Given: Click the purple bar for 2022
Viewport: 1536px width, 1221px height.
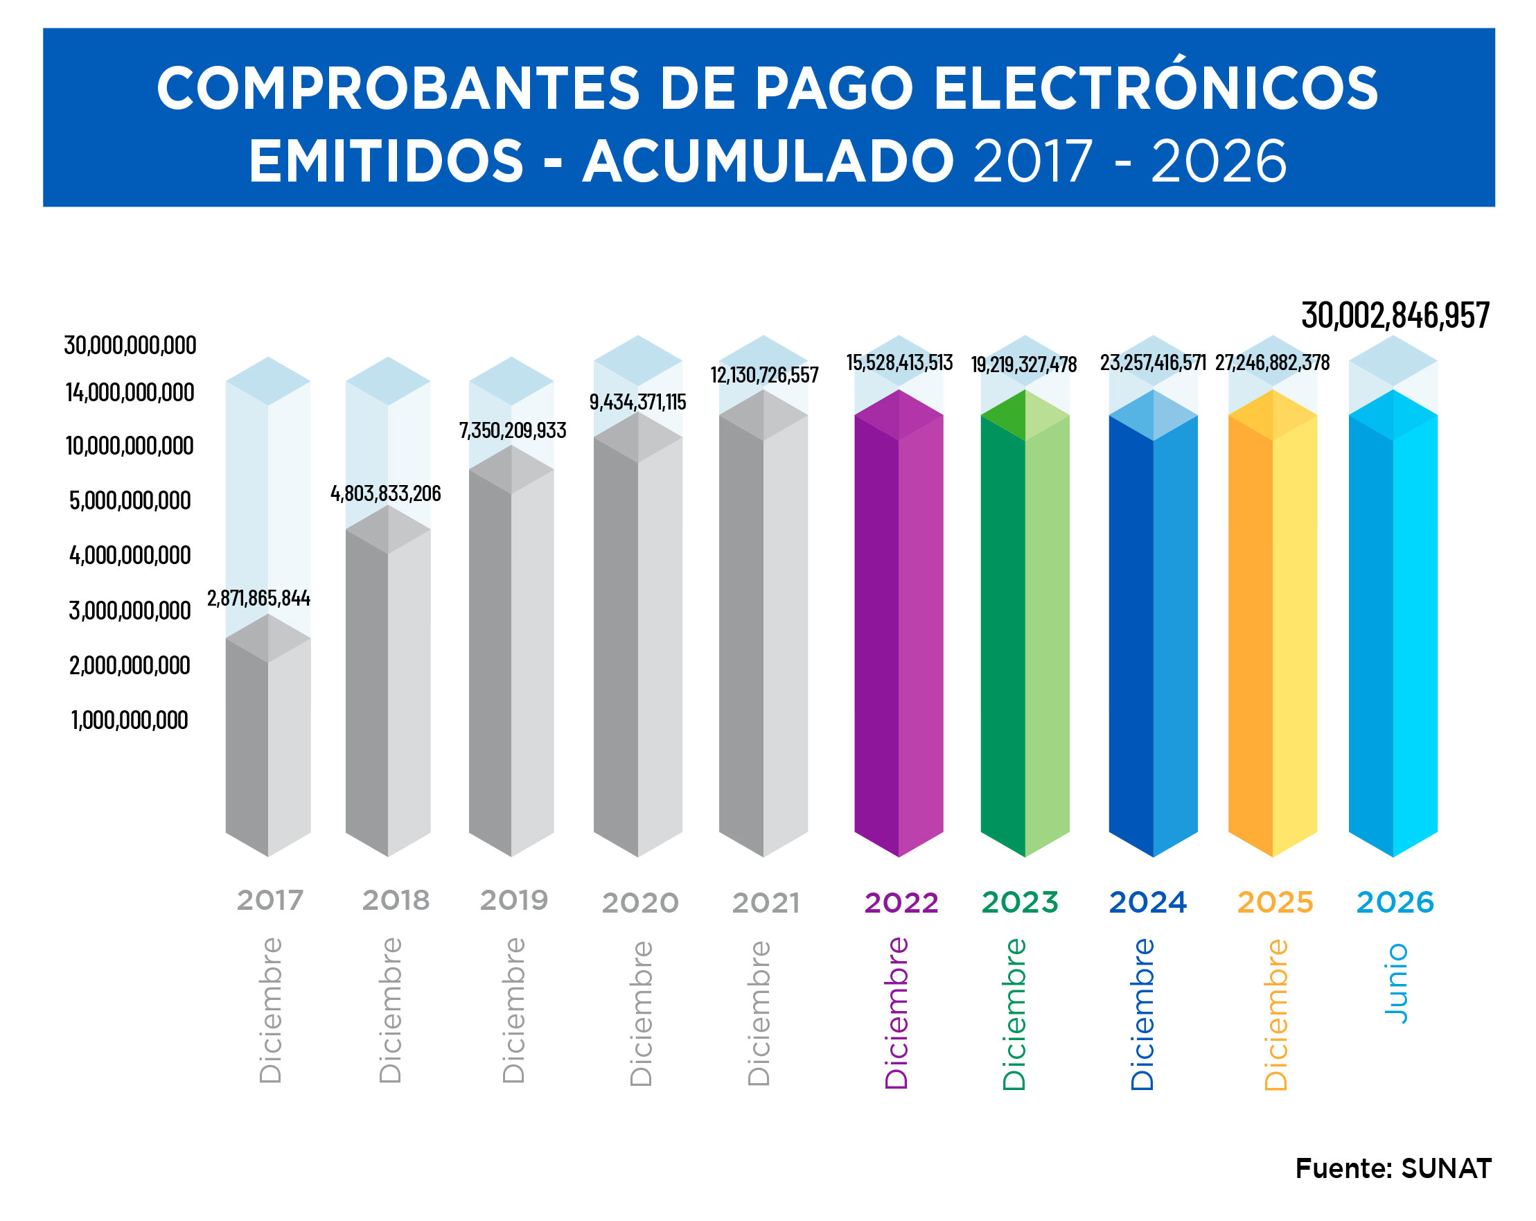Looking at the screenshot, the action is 899,624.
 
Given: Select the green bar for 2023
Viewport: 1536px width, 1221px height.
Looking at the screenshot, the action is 1025,624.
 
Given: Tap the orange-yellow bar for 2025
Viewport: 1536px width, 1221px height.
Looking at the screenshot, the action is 1273,624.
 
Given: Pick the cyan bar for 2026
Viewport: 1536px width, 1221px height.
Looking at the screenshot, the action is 1393,624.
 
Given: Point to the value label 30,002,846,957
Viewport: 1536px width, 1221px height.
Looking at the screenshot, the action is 1395,315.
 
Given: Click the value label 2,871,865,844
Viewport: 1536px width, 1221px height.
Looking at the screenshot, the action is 258,597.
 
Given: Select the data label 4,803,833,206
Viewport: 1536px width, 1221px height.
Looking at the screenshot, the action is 385,493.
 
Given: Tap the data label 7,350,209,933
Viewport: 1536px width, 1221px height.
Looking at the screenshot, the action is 512,430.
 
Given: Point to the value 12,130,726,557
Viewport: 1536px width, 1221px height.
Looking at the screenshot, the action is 764,375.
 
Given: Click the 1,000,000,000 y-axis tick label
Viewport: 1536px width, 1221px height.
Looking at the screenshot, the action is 130,720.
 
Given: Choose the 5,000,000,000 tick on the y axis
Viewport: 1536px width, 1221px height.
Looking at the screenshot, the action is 130,501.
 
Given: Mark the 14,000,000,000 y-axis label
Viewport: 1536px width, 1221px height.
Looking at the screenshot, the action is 130,392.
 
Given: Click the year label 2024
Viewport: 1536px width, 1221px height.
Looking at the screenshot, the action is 1147,902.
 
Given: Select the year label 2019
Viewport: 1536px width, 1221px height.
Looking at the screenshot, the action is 513,900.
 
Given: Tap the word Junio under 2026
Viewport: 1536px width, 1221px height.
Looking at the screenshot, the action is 1395,984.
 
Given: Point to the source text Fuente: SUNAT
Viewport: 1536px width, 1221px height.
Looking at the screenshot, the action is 1393,1169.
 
